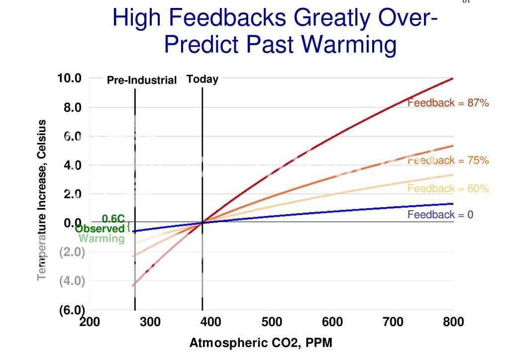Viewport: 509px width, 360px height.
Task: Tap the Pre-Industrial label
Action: point(142,80)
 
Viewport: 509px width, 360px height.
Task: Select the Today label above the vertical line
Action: point(203,79)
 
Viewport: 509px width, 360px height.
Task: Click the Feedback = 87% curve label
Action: point(448,103)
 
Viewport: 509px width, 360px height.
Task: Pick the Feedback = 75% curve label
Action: point(448,160)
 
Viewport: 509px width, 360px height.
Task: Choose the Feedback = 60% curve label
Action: point(448,188)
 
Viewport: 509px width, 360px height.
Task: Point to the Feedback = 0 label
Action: point(440,215)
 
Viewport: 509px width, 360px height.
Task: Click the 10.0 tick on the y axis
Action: point(69,78)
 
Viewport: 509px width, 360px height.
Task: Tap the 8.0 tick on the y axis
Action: point(72,108)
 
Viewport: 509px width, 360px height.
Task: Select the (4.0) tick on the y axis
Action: point(72,281)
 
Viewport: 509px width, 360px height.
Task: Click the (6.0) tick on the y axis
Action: point(72,310)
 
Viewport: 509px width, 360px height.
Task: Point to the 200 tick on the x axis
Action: point(90,322)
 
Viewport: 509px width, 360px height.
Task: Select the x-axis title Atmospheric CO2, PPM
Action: point(260,343)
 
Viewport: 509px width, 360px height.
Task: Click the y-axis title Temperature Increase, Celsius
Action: point(42,199)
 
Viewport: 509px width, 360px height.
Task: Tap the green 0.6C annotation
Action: point(113,219)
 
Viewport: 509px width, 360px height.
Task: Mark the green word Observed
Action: point(100,229)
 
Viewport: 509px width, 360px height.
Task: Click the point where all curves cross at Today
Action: point(203,222)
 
